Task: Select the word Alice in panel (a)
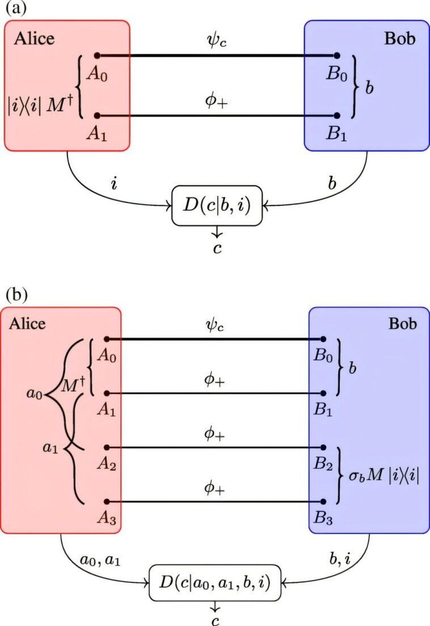pyautogui.click(x=35, y=39)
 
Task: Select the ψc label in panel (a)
pyautogui.click(x=217, y=41)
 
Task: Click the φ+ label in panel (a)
pyautogui.click(x=217, y=99)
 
